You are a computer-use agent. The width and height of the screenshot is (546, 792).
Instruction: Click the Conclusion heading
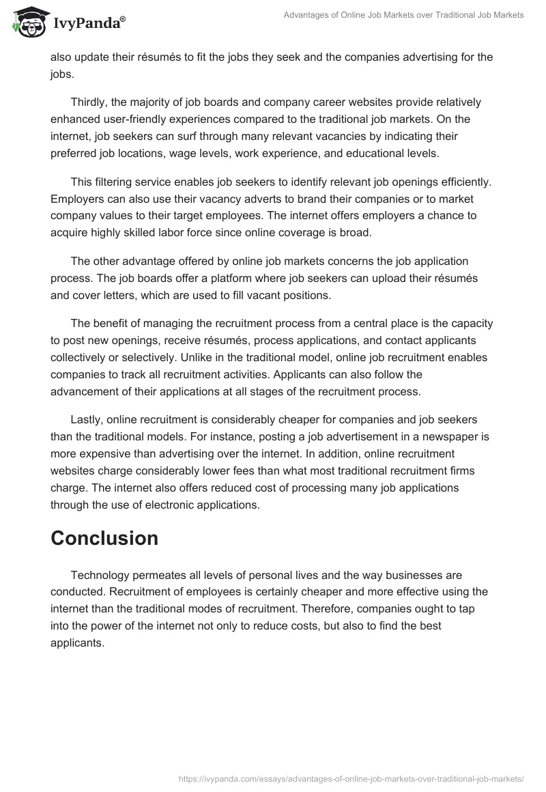(x=104, y=538)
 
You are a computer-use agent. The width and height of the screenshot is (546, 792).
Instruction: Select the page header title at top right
(x=404, y=15)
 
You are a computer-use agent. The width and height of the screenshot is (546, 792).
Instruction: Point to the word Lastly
(x=88, y=419)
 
